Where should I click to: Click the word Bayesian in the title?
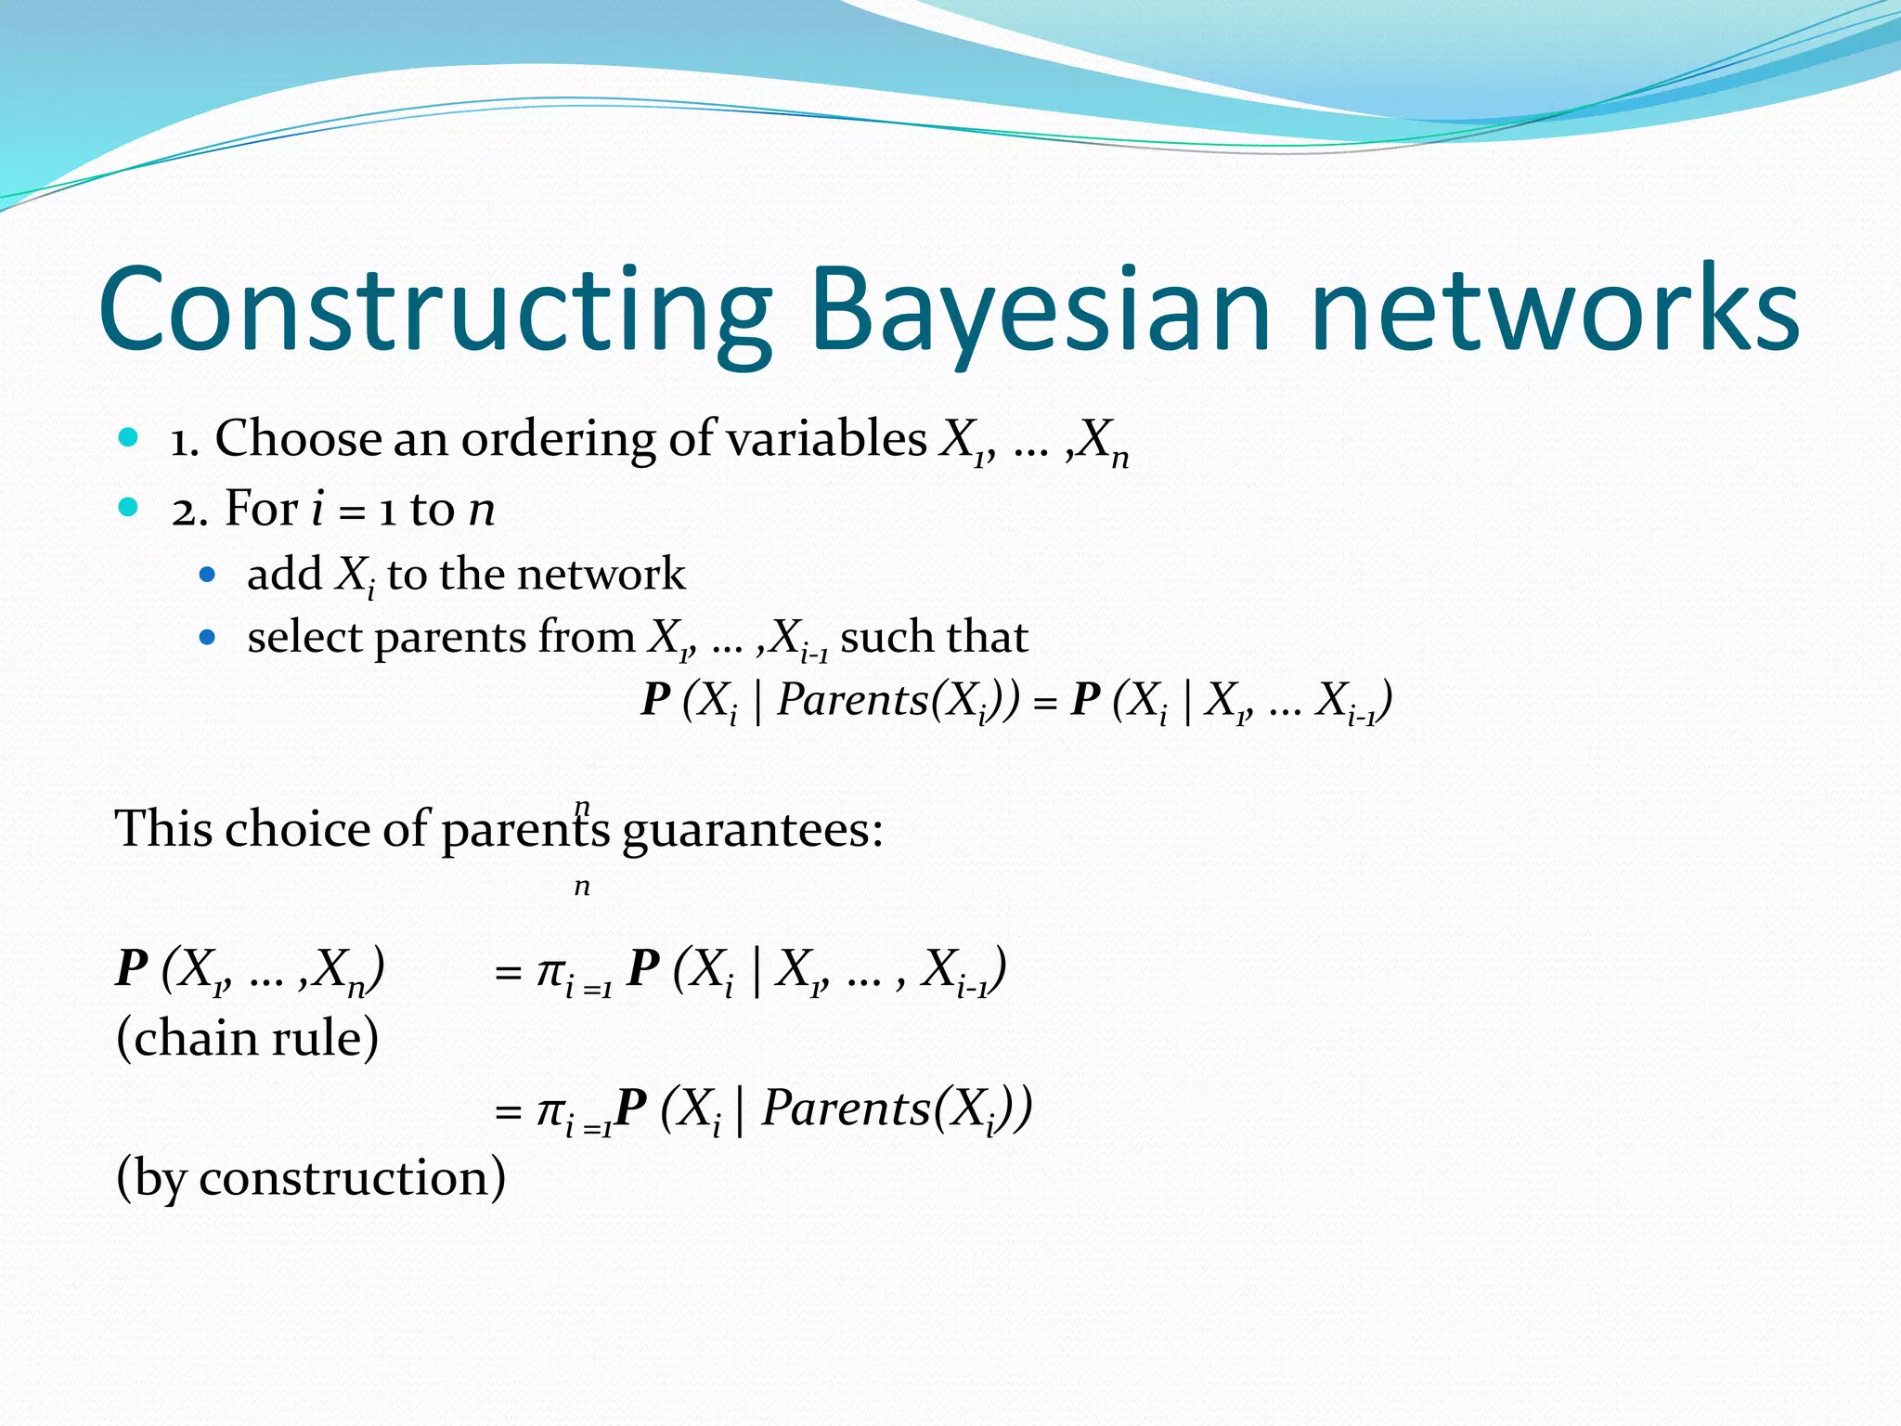tap(1040, 311)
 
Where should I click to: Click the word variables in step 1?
tap(825, 438)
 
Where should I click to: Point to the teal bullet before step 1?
tap(129, 436)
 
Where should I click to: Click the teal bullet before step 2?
tap(129, 507)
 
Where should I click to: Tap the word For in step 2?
tap(261, 509)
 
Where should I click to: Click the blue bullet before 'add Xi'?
tap(208, 575)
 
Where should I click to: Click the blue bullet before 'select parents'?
tap(208, 638)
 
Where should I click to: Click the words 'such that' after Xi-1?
tap(934, 638)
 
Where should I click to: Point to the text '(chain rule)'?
tap(247, 1038)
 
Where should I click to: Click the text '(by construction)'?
tap(311, 1177)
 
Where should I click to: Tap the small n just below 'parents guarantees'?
tap(582, 887)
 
